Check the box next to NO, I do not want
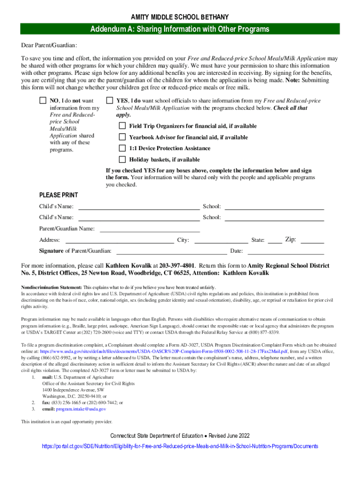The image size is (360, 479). (x=43, y=101)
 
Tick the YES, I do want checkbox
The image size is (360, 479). (x=109, y=101)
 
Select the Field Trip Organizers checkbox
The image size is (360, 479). (x=122, y=126)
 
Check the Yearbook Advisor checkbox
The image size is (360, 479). (x=122, y=137)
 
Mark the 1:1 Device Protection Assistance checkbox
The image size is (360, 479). (x=122, y=148)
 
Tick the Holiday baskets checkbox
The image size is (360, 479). (x=122, y=160)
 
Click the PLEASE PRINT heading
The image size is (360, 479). (x=58, y=195)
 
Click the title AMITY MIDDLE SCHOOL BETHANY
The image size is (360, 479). (x=180, y=17)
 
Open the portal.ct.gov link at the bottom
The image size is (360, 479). (x=180, y=446)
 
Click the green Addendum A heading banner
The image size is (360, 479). (x=180, y=29)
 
